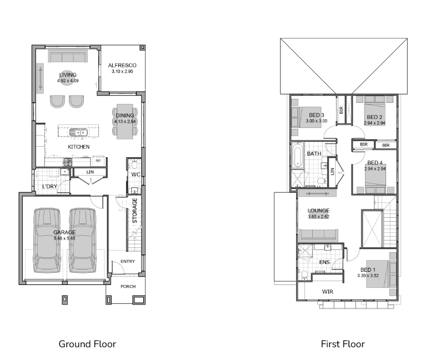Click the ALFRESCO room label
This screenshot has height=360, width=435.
click(122, 66)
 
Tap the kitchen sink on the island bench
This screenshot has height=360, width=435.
click(78, 132)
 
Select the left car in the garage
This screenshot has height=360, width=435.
click(47, 240)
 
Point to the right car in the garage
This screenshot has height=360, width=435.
click(82, 240)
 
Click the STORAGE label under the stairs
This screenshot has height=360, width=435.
click(135, 211)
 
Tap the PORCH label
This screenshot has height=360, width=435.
click(128, 286)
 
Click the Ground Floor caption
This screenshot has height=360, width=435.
click(87, 344)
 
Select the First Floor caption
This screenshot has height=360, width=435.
click(343, 344)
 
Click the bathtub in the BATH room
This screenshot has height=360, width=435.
click(297, 156)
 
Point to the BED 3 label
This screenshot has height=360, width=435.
click(317, 115)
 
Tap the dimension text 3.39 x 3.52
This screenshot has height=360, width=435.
click(368, 276)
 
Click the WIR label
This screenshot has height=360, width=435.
click(328, 292)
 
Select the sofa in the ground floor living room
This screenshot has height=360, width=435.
click(68, 56)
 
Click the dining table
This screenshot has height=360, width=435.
click(125, 122)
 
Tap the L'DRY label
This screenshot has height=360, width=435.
click(49, 186)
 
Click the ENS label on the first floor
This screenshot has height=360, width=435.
click(324, 262)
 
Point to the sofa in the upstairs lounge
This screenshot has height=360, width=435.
click(318, 236)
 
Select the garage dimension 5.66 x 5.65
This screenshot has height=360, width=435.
click(64, 238)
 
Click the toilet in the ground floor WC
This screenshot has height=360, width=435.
click(134, 164)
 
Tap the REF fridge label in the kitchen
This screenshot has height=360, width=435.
click(98, 161)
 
